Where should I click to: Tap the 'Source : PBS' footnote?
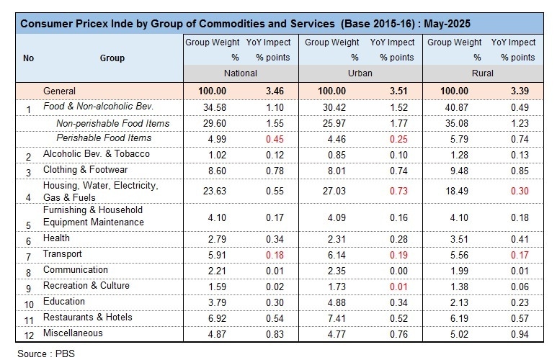(46, 353)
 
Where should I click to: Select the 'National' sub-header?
(242, 73)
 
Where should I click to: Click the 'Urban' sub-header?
(362, 73)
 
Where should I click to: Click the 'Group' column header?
(112, 58)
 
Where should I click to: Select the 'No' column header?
(29, 58)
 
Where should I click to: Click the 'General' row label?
(60, 91)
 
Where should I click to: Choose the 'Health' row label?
(57, 238)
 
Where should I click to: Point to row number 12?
(29, 335)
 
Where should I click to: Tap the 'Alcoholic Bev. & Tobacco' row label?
(96, 154)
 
